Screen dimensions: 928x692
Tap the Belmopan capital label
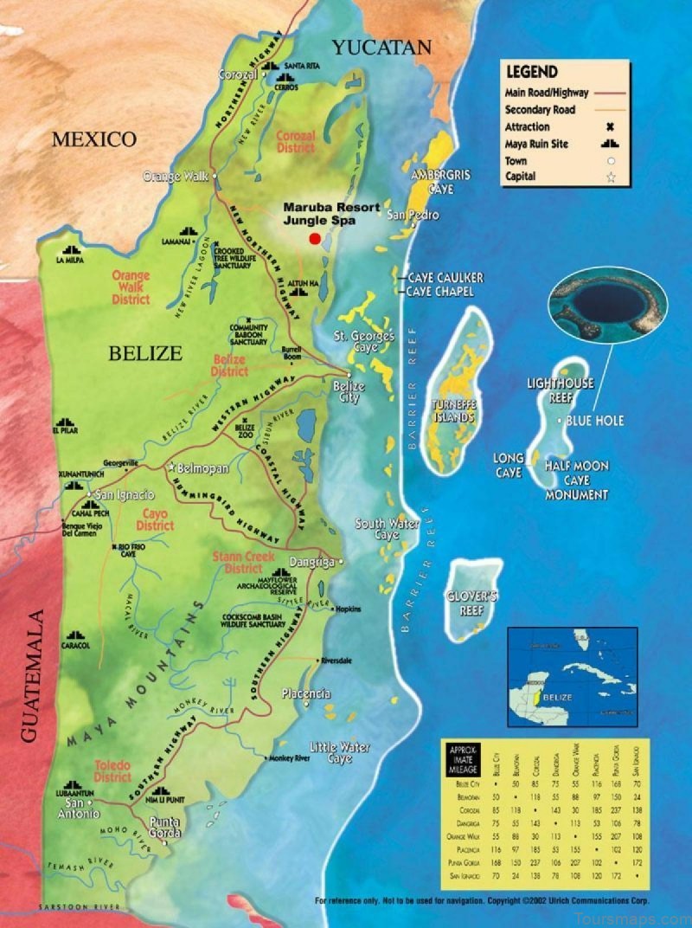pos(202,468)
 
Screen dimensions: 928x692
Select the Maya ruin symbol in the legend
pos(609,144)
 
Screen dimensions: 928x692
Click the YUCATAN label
pos(381,47)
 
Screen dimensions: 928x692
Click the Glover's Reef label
pos(472,603)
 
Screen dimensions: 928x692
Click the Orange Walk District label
pos(131,287)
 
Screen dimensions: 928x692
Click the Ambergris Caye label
pos(440,181)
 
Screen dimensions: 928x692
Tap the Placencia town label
pos(306,694)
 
